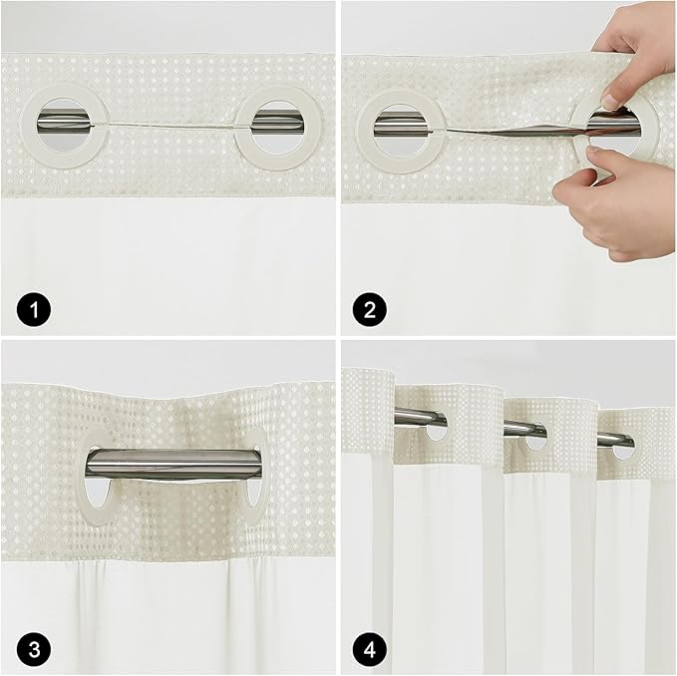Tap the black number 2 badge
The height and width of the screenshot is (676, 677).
pos(369,310)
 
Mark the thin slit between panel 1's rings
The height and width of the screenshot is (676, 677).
pos(169,127)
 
